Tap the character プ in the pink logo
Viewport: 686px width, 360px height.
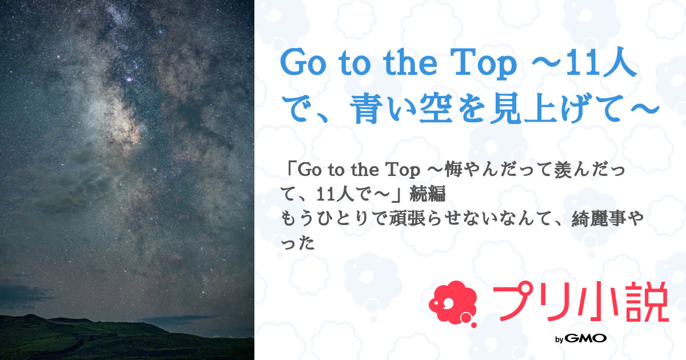coord(508,305)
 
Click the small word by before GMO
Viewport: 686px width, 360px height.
coord(560,339)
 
